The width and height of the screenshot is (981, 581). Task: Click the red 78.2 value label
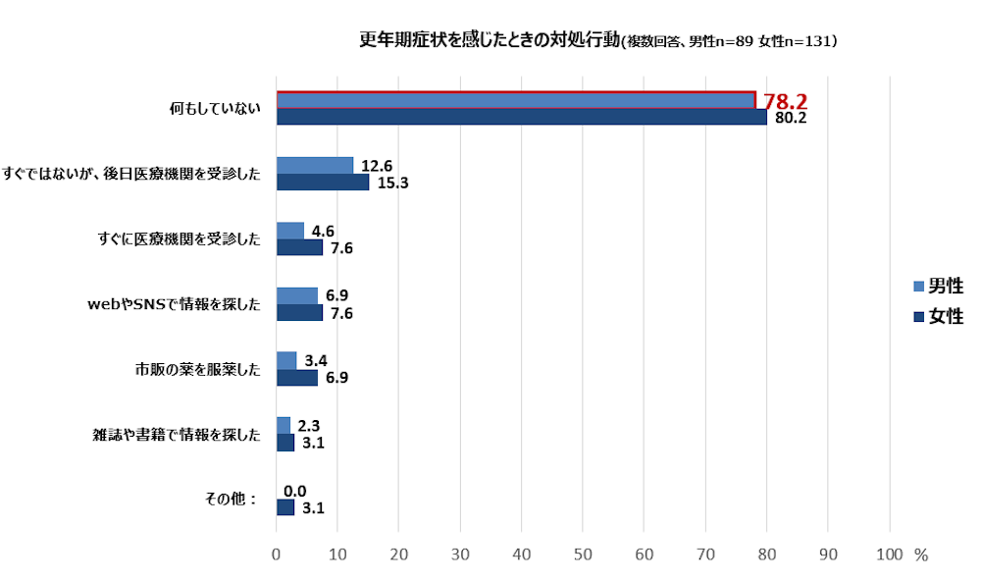(x=785, y=101)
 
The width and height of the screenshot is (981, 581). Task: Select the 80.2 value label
(x=790, y=118)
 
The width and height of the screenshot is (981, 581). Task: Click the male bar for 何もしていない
(x=515, y=100)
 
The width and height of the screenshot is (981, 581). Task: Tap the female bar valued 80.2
(x=521, y=117)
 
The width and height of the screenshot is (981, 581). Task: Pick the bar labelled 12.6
(x=315, y=165)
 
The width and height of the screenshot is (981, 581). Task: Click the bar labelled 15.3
(x=323, y=182)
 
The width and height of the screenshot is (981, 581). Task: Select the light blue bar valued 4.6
(x=290, y=231)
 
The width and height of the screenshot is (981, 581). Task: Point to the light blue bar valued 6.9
(x=297, y=295)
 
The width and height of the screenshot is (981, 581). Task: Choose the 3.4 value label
(x=316, y=361)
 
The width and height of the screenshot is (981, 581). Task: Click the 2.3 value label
(x=309, y=426)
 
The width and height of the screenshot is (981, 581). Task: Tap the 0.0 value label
(x=295, y=491)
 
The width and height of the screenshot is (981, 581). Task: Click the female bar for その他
(x=285, y=507)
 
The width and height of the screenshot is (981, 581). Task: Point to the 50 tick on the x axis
(x=583, y=555)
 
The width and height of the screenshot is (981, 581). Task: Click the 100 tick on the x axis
(x=889, y=555)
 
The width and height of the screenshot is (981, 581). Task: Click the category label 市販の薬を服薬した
(x=198, y=370)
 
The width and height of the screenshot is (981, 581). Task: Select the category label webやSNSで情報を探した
(x=175, y=304)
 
